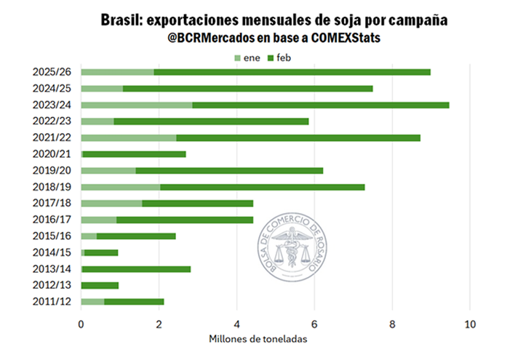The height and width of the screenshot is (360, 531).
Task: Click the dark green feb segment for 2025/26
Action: click(291, 72)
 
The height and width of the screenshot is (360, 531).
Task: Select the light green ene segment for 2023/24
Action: click(136, 105)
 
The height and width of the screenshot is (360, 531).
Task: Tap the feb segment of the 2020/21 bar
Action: click(135, 154)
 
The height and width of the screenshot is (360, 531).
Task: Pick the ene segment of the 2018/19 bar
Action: click(120, 187)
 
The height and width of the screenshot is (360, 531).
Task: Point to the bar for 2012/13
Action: click(100, 285)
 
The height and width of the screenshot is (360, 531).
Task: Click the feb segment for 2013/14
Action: click(136, 269)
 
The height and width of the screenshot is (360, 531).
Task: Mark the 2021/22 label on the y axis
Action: click(52, 137)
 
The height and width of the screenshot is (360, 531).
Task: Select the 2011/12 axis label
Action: click(52, 302)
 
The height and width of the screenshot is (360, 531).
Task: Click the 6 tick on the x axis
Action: click(314, 324)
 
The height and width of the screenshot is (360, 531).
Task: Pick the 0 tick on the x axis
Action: click(81, 324)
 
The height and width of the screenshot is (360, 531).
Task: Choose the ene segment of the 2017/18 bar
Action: click(111, 203)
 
